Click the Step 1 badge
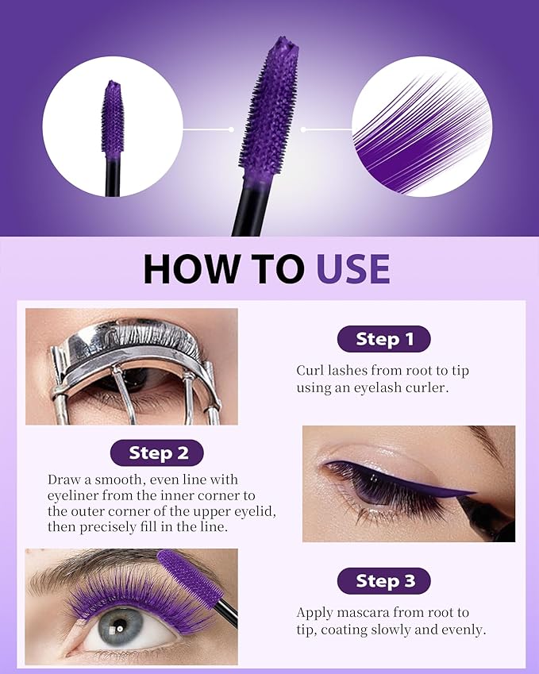click(x=384, y=339)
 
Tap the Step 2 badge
click(x=158, y=453)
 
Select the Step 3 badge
click(x=384, y=580)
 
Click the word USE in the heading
click(x=353, y=269)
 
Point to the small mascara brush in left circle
click(x=113, y=119)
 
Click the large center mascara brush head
click(x=270, y=103)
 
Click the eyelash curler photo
click(x=131, y=366)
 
